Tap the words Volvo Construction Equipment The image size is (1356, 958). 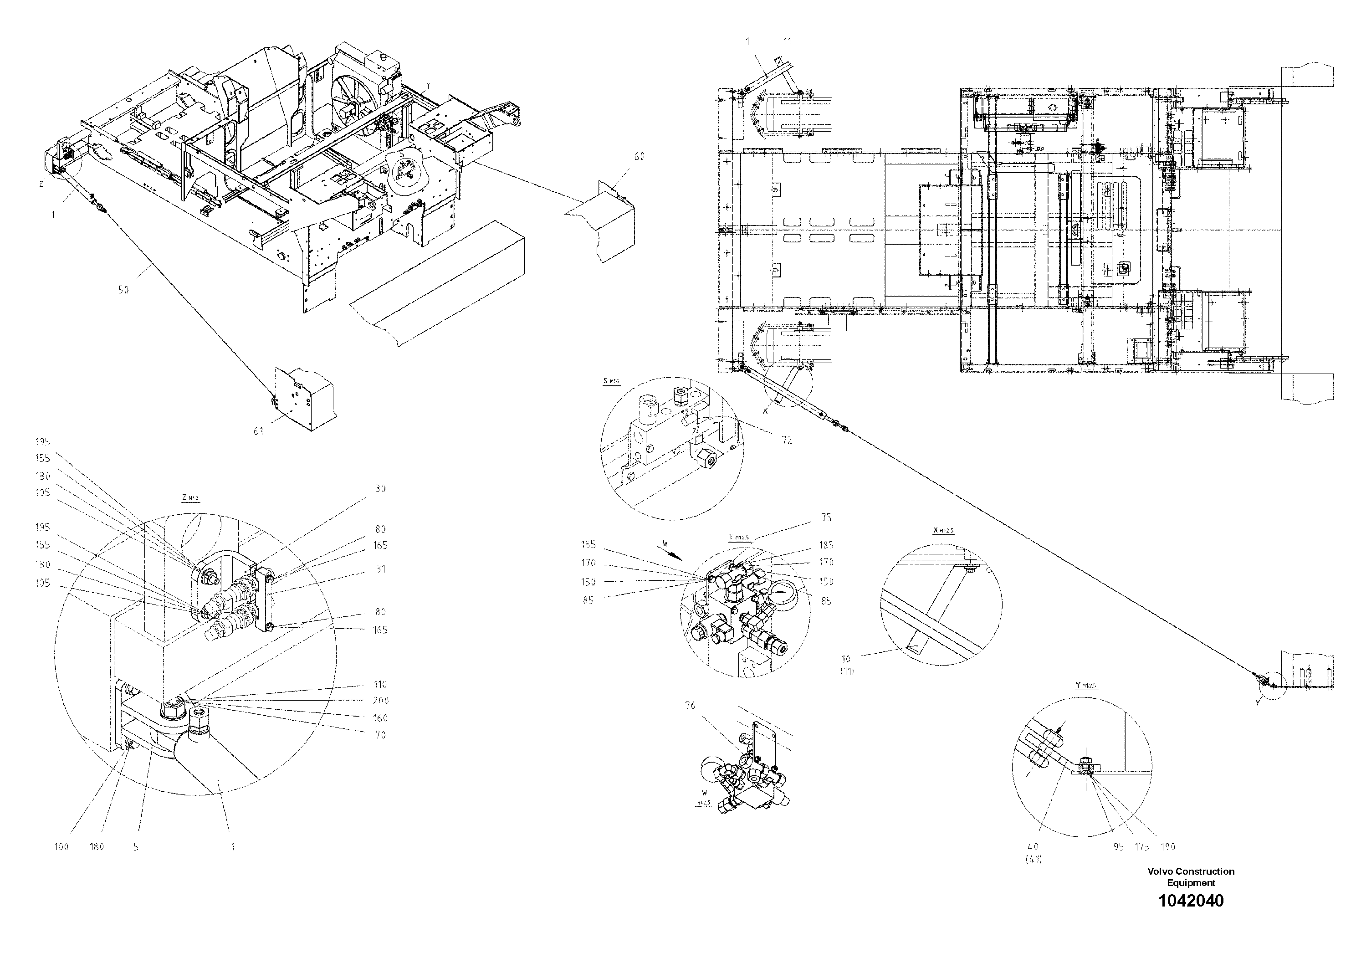point(1191,876)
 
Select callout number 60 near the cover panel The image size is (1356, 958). point(639,157)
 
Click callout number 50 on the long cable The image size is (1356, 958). point(123,290)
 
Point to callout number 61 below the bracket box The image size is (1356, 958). point(258,431)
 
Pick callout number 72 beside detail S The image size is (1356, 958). point(786,440)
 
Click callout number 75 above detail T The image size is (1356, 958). point(826,517)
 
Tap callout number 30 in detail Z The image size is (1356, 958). point(380,488)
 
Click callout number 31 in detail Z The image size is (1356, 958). point(380,569)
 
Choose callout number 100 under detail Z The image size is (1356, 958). point(61,846)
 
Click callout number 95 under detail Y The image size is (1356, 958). point(1118,846)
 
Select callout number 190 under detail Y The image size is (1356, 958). point(1167,846)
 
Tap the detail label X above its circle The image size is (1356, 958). point(943,530)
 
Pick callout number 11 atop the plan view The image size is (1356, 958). point(787,41)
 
